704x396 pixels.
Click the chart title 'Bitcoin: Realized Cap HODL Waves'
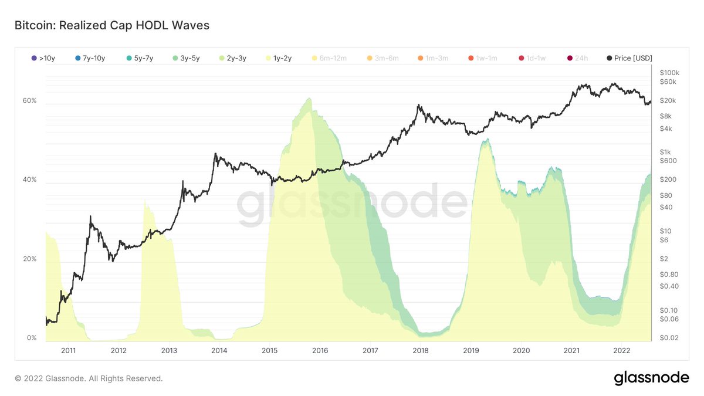tap(111, 26)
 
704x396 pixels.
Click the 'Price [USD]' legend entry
tap(629, 57)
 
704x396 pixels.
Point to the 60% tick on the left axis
tap(29, 101)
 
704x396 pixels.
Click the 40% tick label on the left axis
tap(29, 180)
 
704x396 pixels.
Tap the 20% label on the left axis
tap(29, 259)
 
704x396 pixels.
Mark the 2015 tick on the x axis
tap(269, 350)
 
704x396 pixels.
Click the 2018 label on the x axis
tap(421, 350)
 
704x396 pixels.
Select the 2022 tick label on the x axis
tap(622, 350)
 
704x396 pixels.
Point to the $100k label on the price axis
tap(669, 72)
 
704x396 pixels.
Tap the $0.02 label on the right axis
tap(668, 339)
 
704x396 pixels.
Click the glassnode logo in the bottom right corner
tap(651, 378)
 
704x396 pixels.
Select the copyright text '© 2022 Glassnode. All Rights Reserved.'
tap(89, 379)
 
